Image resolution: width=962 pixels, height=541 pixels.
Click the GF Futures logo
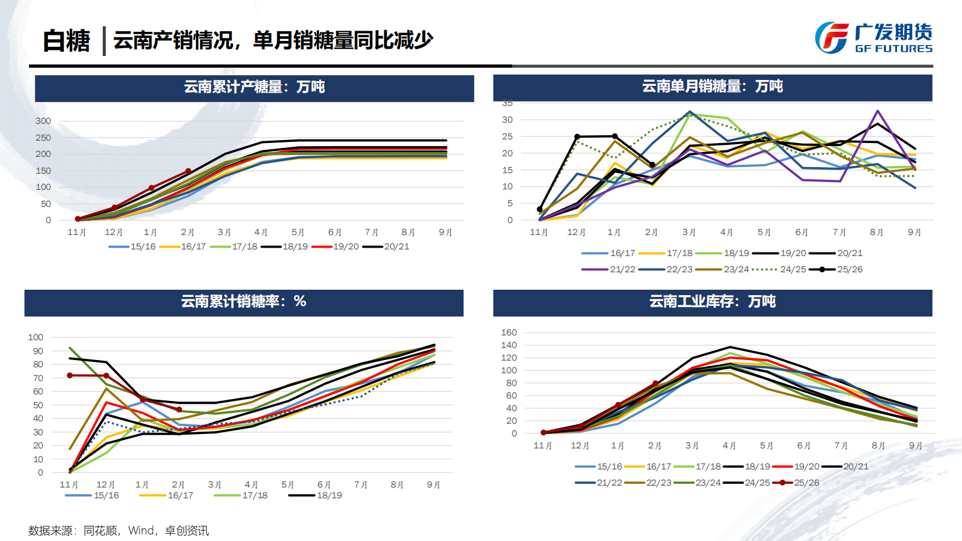click(x=873, y=38)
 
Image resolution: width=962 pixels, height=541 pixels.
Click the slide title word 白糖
click(x=66, y=41)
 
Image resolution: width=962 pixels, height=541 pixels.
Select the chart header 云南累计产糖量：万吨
click(x=254, y=87)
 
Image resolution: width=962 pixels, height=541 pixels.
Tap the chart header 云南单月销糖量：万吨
click(x=712, y=87)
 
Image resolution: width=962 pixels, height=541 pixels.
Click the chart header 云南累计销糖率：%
click(x=244, y=302)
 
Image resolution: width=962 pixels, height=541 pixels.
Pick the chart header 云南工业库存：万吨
click(x=712, y=302)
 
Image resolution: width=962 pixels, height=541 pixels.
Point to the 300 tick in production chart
click(x=43, y=121)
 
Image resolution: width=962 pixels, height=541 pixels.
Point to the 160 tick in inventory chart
click(x=509, y=332)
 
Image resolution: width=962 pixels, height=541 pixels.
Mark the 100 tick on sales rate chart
click(x=35, y=337)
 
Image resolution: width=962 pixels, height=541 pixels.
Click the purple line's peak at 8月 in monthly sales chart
click(x=878, y=111)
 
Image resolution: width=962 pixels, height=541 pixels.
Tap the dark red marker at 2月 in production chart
click(x=188, y=171)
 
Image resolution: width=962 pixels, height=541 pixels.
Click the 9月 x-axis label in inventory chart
click(x=915, y=445)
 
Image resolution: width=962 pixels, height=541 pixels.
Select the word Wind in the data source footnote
click(x=141, y=531)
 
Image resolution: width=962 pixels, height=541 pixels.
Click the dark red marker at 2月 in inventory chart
click(x=655, y=384)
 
